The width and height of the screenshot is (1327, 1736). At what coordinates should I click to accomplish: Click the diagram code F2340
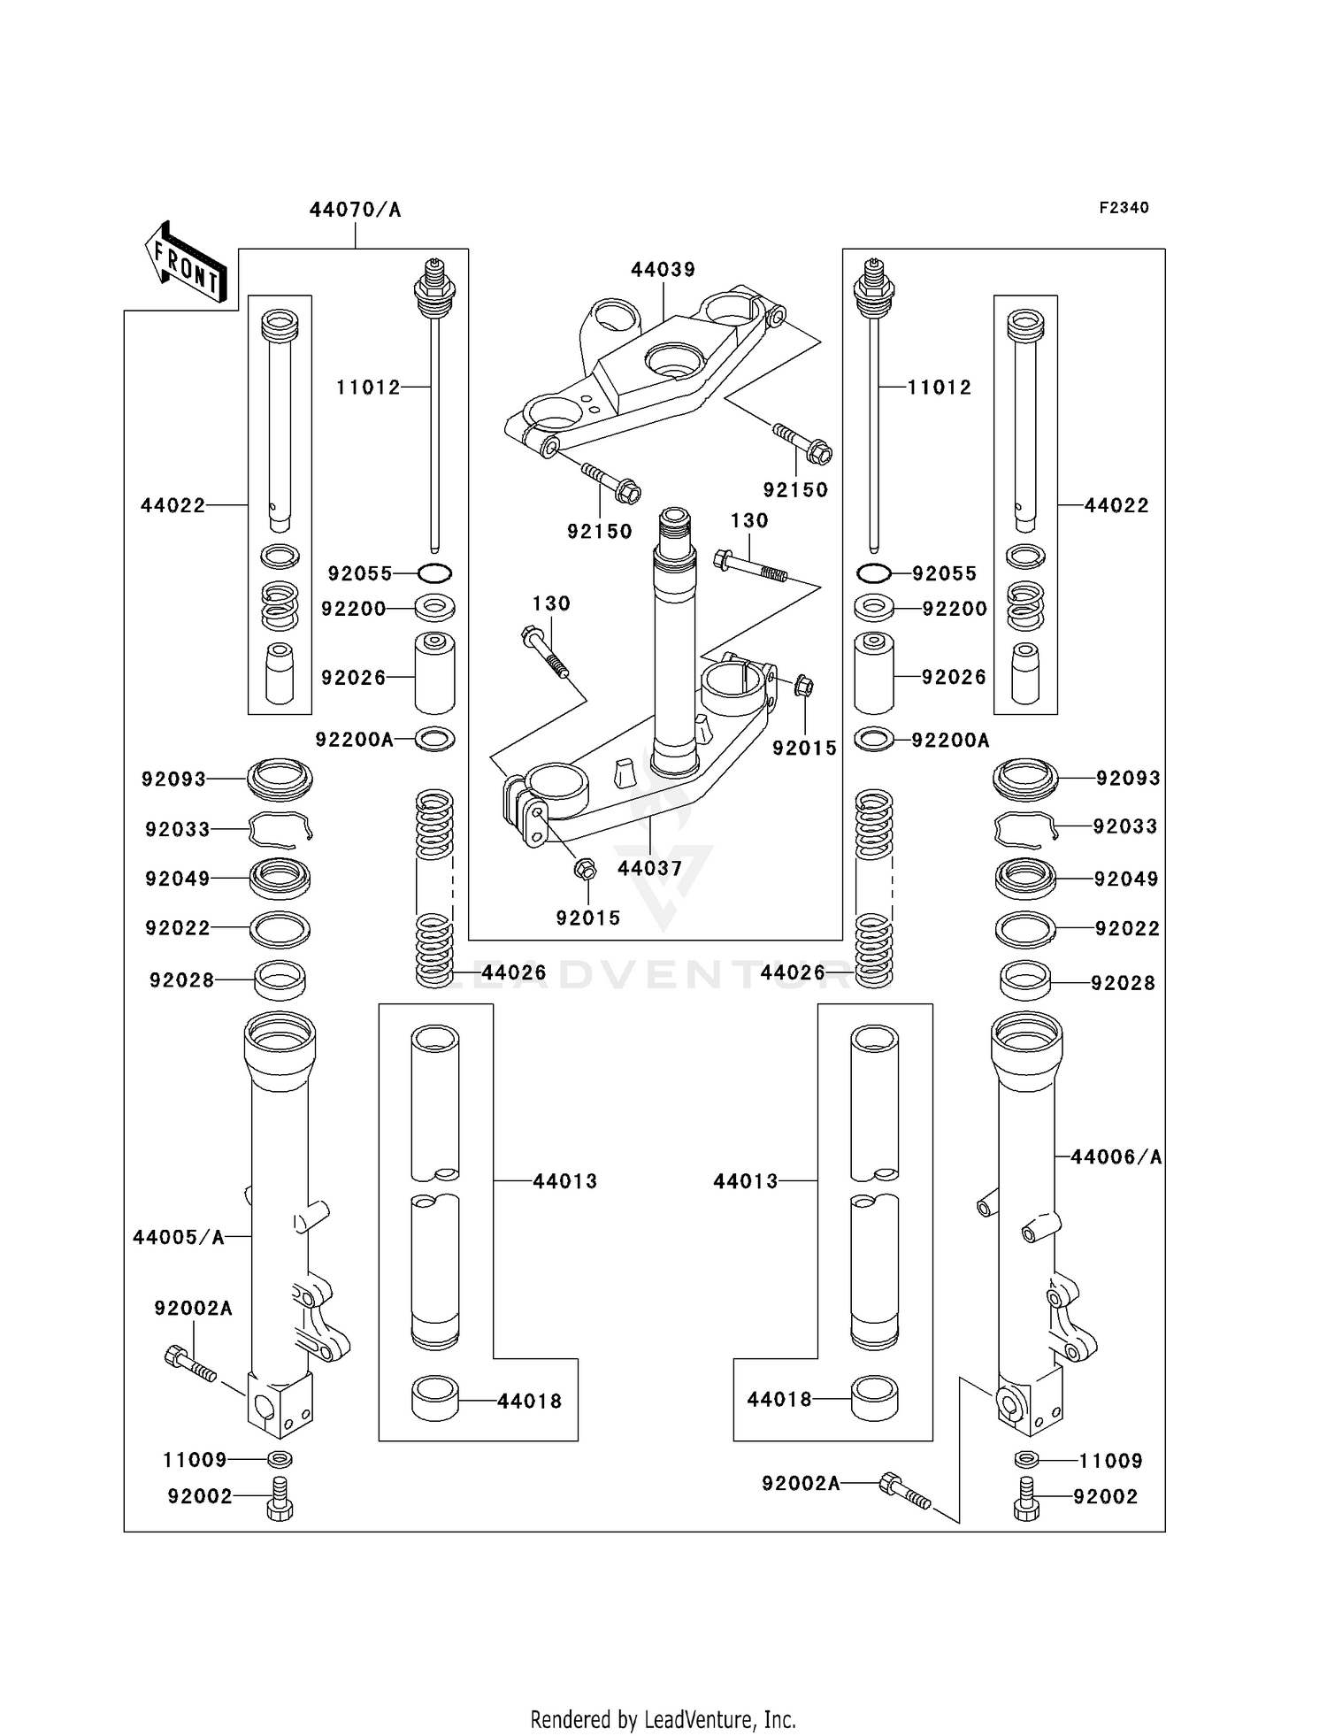click(x=1124, y=207)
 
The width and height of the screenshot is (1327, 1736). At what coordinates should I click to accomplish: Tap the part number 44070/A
click(x=355, y=210)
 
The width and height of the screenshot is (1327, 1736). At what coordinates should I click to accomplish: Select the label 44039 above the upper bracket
click(x=663, y=269)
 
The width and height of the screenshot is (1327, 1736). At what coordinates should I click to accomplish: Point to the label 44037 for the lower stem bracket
click(x=649, y=868)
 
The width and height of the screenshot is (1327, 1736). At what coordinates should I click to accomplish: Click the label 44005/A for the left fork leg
click(x=179, y=1237)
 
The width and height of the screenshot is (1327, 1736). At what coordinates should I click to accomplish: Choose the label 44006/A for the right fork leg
click(x=1116, y=1156)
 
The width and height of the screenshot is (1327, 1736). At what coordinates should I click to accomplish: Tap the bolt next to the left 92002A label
click(x=189, y=1363)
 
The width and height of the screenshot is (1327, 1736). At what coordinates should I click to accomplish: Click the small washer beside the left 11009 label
click(x=280, y=1459)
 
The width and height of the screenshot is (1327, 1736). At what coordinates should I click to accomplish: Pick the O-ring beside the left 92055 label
click(x=434, y=573)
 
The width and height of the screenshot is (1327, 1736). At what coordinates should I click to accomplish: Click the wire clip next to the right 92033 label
click(x=1024, y=828)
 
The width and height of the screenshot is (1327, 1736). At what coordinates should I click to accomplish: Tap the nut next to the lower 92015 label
click(x=584, y=869)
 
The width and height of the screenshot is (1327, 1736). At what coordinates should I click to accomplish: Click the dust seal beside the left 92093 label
click(x=280, y=778)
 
